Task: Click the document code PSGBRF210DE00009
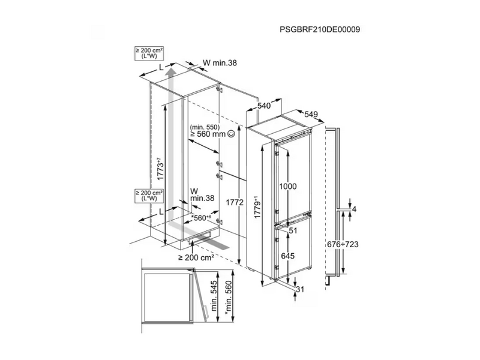click(x=320, y=29)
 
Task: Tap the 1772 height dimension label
click(x=235, y=202)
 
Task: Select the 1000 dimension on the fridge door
click(x=288, y=187)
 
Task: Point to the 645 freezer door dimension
click(x=288, y=256)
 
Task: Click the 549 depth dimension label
click(x=311, y=114)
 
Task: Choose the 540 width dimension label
click(x=263, y=106)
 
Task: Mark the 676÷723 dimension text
click(x=343, y=244)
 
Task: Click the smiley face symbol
click(x=232, y=134)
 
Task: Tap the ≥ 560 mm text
click(x=208, y=134)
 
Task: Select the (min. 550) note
click(x=205, y=127)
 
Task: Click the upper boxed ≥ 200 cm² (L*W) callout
click(x=149, y=53)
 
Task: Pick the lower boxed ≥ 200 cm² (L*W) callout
click(x=149, y=196)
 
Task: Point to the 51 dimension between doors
click(x=293, y=230)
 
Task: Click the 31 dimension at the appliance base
click(x=301, y=289)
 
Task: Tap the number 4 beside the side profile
click(x=355, y=209)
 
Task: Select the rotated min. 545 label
click(x=214, y=296)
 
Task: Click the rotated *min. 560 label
click(x=228, y=296)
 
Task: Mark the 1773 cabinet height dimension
click(x=160, y=169)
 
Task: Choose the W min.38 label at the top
click(x=220, y=63)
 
